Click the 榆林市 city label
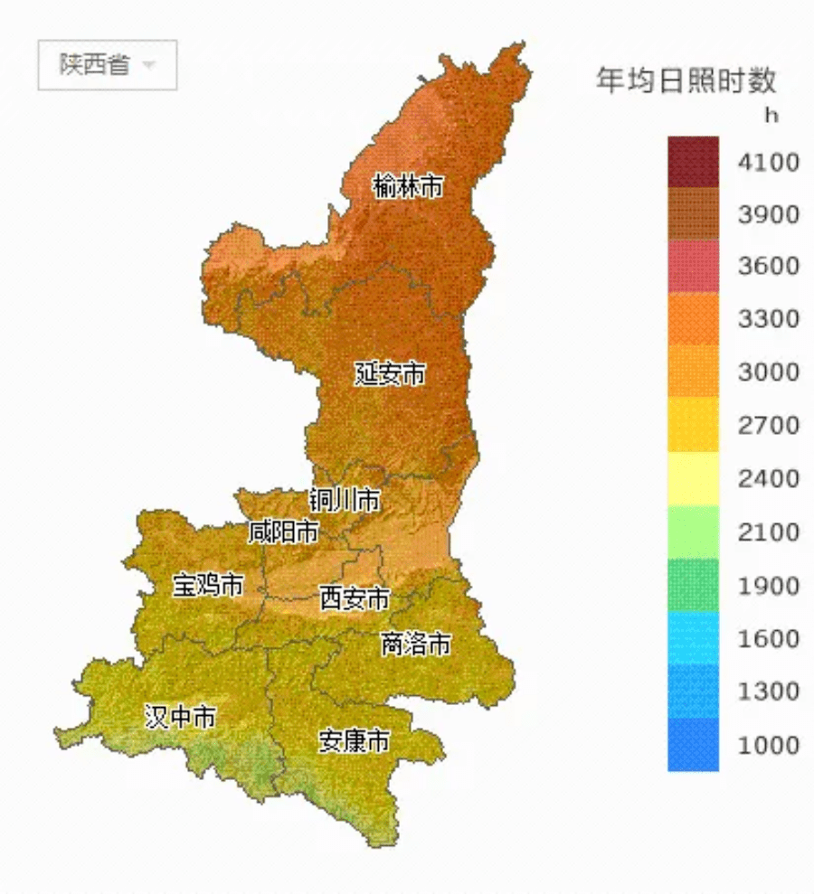pos(409,187)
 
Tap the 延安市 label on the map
pos(390,373)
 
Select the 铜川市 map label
pos(345,500)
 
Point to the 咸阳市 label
pos(284,532)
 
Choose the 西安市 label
pos(355,598)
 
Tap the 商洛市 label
pos(415,644)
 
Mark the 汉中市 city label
pos(181,718)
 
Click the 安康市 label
pos(355,741)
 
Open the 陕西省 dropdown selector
pos(107,65)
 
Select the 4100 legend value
pos(769,163)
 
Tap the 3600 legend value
pos(769,267)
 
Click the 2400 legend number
pos(769,478)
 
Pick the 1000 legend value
pos(769,745)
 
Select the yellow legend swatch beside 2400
pos(694,478)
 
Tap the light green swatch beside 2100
pos(694,532)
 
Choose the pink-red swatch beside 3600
pos(694,267)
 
